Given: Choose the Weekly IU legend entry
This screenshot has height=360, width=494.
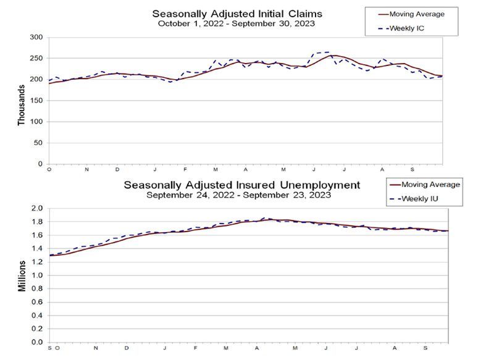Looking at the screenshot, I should coord(423,198).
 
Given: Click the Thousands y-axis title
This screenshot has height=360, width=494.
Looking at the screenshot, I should coord(22,105).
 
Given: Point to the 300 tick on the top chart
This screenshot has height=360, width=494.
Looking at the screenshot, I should coord(36,38).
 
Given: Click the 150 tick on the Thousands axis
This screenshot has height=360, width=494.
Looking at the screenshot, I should coord(36,101).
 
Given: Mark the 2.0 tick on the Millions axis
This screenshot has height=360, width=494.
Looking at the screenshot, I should coord(36,209).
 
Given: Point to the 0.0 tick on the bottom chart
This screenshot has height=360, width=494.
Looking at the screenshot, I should coord(36,341).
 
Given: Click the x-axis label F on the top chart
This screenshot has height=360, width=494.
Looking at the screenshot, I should coord(184,169).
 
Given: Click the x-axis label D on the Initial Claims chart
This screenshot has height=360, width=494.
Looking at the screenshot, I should coord(117,169).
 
